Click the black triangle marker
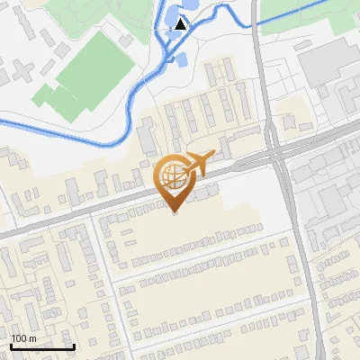click(181, 24)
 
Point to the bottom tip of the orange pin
click(175, 212)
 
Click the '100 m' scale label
click(24, 338)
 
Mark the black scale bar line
click(42, 346)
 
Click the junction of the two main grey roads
click(278, 153)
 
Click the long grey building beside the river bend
click(146, 135)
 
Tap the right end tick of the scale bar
click(74, 346)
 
